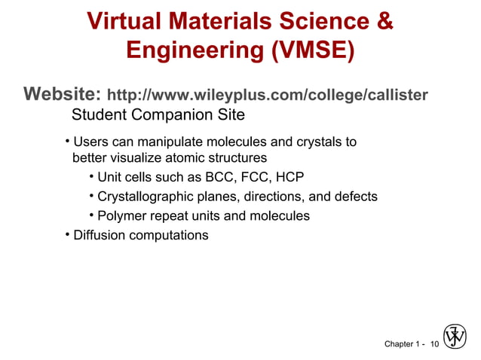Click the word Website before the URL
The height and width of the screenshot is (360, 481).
(62, 95)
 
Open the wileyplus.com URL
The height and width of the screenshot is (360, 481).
(268, 96)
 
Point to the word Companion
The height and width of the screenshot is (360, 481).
(162, 116)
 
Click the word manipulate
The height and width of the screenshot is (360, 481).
(145, 142)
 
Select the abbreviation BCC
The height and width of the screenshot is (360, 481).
(215, 178)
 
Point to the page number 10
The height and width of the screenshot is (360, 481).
(434, 344)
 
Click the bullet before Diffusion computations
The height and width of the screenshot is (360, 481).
(67, 234)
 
